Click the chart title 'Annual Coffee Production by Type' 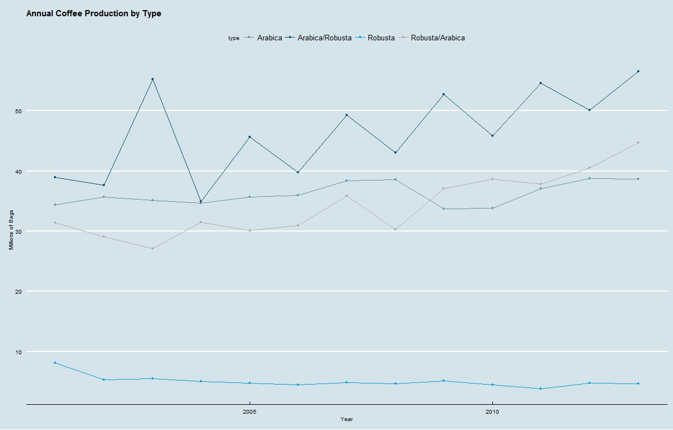click(94, 13)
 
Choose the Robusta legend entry click(381, 38)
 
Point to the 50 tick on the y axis click(18, 111)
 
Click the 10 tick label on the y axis click(18, 352)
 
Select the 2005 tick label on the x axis click(250, 412)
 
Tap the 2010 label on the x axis click(492, 412)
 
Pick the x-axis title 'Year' click(347, 419)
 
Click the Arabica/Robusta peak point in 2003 click(153, 79)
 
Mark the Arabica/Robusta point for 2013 click(638, 71)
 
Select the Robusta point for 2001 click(55, 363)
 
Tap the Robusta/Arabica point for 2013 click(638, 142)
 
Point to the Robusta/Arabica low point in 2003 click(153, 248)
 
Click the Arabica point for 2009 click(444, 209)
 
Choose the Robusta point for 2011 click(541, 389)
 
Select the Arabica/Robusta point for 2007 click(347, 115)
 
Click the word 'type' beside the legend click(233, 38)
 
